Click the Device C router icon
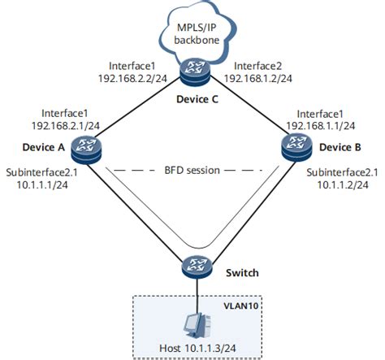[195, 72]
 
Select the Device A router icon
[86, 150]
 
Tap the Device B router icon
[296, 147]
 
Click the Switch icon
[197, 267]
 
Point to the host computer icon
[197, 325]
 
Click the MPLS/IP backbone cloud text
[197, 33]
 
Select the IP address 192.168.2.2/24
[132, 78]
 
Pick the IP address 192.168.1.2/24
[258, 78]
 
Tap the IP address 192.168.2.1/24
[66, 125]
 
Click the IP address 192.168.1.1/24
[321, 125]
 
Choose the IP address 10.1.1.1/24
[42, 184]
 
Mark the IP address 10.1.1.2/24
[343, 184]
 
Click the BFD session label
[192, 171]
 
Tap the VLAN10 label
[241, 306]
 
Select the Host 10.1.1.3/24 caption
[197, 348]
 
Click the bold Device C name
[197, 99]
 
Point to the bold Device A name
[44, 147]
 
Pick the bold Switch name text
[242, 273]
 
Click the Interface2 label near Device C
[257, 66]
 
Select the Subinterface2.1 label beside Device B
[342, 172]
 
